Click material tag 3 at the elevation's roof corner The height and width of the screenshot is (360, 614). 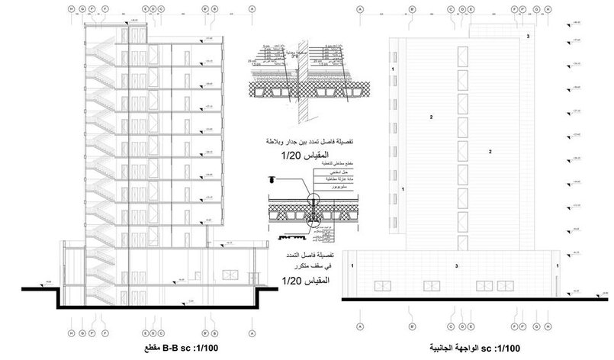527,36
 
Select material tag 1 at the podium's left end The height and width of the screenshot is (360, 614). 352,265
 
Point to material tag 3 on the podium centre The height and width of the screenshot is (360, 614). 456,265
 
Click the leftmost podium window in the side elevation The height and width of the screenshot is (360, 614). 379,286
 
